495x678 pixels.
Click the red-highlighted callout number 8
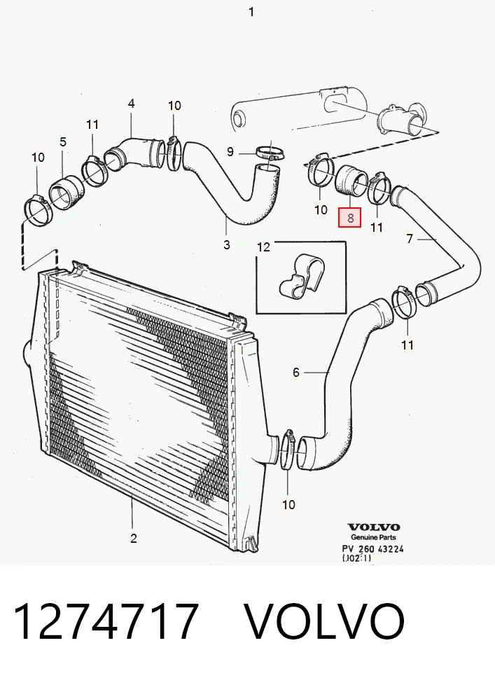[350, 218]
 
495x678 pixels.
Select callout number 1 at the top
[251, 12]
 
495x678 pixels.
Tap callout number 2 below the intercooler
[134, 539]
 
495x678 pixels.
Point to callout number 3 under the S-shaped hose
[227, 244]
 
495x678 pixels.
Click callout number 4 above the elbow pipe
[131, 104]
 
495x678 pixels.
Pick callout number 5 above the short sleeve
[63, 141]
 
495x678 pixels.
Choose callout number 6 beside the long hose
[295, 373]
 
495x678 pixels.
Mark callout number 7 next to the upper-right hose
[410, 238]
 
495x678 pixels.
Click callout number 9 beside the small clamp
[230, 152]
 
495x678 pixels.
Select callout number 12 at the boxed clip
[263, 247]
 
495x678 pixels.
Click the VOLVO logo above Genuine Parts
[374, 527]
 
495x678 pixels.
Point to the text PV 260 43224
[373, 548]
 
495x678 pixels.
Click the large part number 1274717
[106, 622]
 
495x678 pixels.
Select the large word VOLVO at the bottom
[325, 622]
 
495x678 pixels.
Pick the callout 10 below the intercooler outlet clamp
[288, 504]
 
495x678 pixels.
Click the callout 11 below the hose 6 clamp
[407, 345]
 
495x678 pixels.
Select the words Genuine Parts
[373, 537]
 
